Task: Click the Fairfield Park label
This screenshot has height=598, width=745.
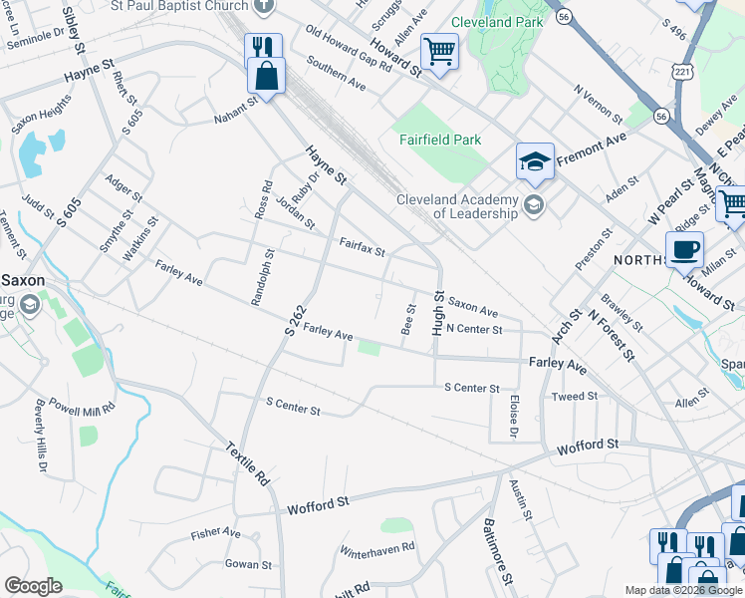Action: click(x=440, y=141)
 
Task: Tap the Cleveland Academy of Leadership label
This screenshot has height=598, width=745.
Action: click(x=457, y=205)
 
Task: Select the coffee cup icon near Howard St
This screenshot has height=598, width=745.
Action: click(x=685, y=249)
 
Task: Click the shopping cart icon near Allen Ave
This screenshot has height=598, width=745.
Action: click(x=439, y=50)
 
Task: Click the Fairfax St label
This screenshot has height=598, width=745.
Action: click(x=362, y=245)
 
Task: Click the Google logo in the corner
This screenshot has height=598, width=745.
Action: click(x=33, y=586)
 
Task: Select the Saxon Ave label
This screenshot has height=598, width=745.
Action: click(x=472, y=305)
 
